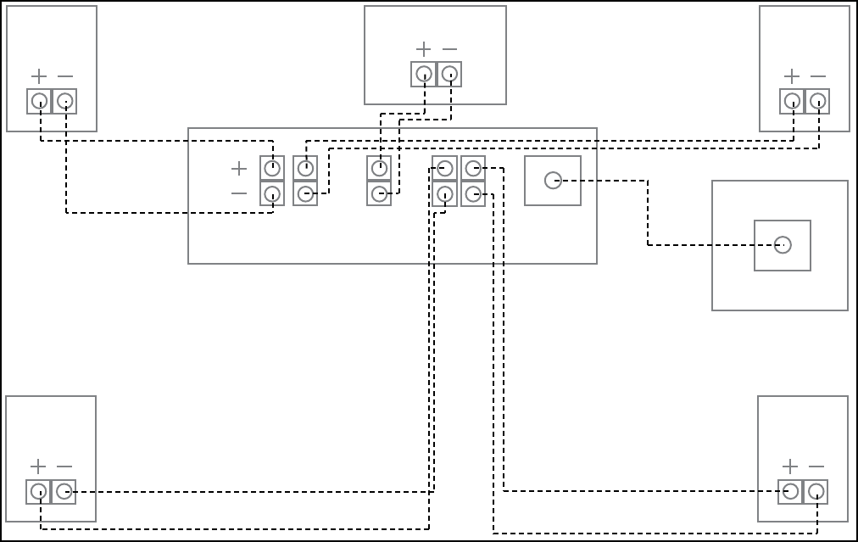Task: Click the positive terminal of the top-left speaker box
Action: pos(39,102)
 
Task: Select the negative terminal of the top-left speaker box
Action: pos(64,102)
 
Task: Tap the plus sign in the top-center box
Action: pos(424,49)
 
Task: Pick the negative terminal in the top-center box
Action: pos(450,75)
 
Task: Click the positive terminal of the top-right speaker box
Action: pos(792,102)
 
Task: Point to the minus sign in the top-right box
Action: pos(818,76)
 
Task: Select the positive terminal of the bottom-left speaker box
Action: pos(38,492)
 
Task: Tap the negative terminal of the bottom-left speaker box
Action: pos(64,492)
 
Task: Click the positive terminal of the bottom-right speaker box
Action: pos(790,492)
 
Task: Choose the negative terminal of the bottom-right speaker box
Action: pos(816,492)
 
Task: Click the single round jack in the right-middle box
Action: pos(783,245)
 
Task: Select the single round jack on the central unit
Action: pos(553,181)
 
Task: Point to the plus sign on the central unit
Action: pos(239,168)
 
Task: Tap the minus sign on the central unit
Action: pos(239,193)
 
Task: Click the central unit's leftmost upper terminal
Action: pos(272,168)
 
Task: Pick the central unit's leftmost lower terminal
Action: pos(272,193)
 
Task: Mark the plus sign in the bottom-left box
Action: pos(38,467)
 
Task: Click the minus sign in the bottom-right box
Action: pos(816,467)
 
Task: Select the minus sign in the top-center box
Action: pos(450,49)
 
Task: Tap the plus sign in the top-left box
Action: pos(39,76)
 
